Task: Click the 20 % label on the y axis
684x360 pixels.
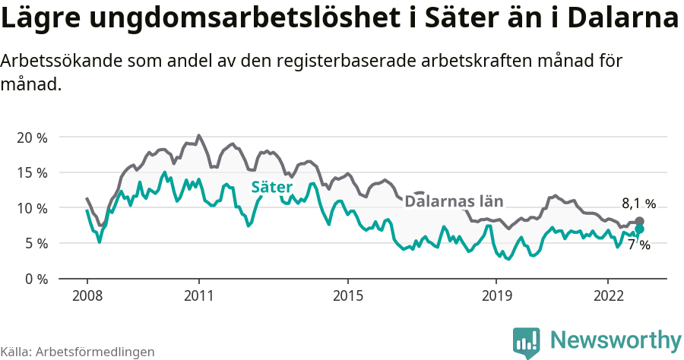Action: [x=31, y=137]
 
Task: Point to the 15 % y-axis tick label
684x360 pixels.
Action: [x=31, y=172]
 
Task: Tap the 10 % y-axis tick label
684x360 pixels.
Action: [x=31, y=208]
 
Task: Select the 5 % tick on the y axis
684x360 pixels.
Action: [x=35, y=243]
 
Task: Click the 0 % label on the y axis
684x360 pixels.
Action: [x=35, y=279]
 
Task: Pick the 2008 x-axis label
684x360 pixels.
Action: [x=87, y=295]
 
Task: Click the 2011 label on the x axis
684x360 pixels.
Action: [x=198, y=295]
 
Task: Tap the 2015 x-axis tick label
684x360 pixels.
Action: [x=347, y=295]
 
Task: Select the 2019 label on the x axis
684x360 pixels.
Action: [x=496, y=295]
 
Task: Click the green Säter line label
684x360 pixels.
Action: [x=271, y=187]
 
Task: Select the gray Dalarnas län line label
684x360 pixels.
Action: [x=454, y=201]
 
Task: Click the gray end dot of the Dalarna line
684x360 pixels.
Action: [x=639, y=221]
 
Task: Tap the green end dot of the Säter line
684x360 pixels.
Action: [x=639, y=229]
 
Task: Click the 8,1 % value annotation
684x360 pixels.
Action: [x=638, y=204]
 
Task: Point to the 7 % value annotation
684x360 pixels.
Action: [x=638, y=245]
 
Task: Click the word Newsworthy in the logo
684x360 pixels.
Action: [x=616, y=339]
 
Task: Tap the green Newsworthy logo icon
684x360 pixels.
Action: [x=527, y=343]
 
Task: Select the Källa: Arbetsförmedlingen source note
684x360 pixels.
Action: [x=78, y=352]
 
